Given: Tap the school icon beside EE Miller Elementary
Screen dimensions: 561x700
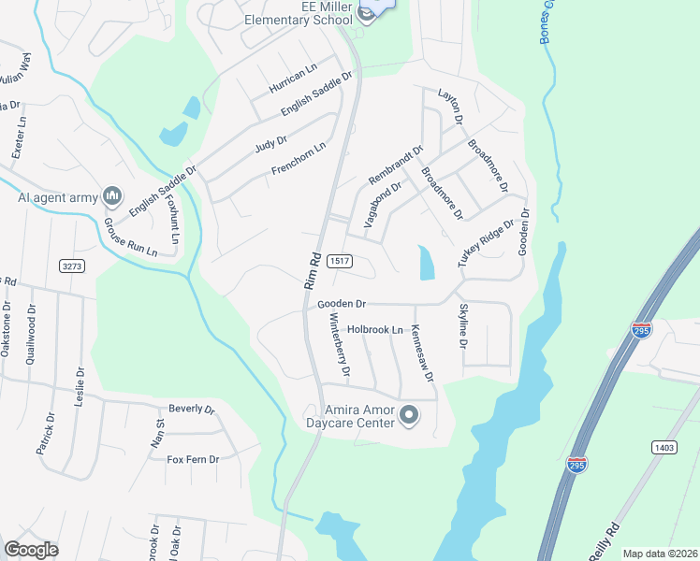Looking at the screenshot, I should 365,18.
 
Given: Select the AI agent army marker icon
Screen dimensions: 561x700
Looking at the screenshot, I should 112,195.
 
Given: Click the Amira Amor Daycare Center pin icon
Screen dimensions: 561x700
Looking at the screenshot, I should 408,415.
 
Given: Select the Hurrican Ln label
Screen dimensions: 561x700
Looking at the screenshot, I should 294,78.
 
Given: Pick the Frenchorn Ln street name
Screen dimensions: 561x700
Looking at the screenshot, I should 299,158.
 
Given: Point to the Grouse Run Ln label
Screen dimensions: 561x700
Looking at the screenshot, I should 130,237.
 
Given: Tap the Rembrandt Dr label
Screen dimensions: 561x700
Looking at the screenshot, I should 396,165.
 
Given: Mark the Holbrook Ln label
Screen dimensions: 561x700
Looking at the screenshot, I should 374,329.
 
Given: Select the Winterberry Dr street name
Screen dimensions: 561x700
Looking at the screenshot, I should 339,344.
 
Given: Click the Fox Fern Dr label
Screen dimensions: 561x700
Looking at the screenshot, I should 192,459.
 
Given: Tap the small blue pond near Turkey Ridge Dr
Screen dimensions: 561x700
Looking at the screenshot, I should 427,263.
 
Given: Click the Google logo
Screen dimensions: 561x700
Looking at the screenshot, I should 32,549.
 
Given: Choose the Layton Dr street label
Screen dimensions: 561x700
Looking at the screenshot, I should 450,107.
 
